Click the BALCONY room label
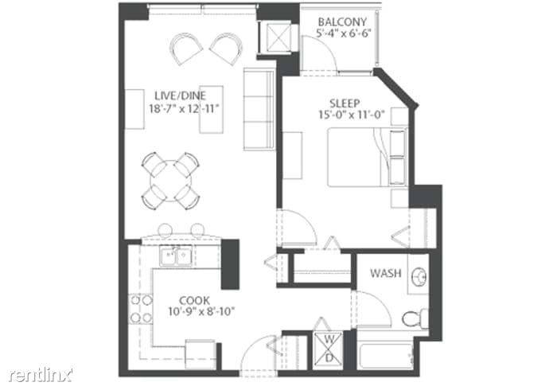pos(342,22)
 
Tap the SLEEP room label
pos(345,103)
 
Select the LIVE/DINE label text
pos(180,96)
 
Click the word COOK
pos(194,301)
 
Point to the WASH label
pos(386,273)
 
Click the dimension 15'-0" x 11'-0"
pos(352,115)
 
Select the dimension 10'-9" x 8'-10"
pos(201,312)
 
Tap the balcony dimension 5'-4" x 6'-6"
pos(344,33)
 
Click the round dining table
pos(171,181)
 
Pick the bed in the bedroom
pos(368,157)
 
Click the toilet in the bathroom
pos(415,318)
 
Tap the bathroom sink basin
pos(419,276)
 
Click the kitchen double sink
pos(176,256)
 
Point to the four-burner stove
pos(140,309)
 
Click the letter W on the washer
pos(329,340)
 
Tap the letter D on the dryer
pos(329,358)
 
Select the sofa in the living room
pos(259,109)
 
